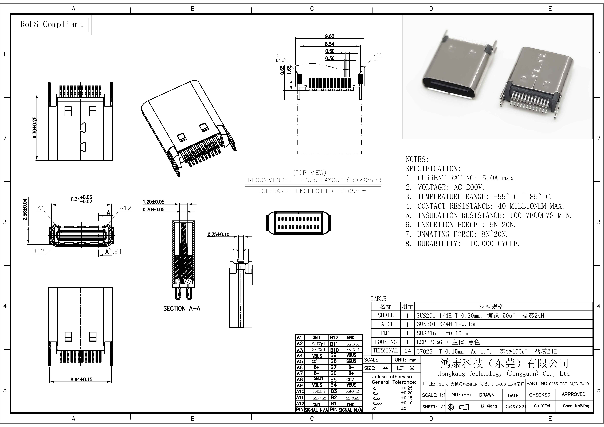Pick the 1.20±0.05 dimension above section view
153,202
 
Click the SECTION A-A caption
182,308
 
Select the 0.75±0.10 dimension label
218,234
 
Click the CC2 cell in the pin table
350,379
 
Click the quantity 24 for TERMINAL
407,351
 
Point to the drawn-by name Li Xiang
489,406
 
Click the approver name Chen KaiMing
576,406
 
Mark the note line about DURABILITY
462,244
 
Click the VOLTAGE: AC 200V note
445,187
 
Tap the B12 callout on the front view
38,251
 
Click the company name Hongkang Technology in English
504,374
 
